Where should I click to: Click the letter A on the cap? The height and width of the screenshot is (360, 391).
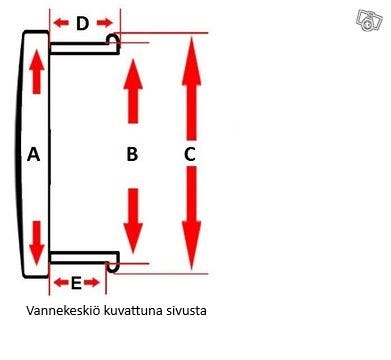tap(33, 154)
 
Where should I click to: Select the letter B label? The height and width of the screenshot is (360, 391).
tap(130, 154)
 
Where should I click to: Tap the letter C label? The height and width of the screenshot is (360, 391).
tap(189, 154)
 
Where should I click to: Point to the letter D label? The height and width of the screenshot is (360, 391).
tap(83, 22)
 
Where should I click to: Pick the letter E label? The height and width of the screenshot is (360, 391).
tap(76, 283)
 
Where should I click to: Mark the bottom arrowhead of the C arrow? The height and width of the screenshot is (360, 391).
tap(189, 255)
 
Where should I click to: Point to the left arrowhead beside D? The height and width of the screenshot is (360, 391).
tap(58, 22)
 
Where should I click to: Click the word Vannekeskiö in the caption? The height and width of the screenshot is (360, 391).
tap(68, 311)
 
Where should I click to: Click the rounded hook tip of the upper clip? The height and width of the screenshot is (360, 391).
tap(115, 40)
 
